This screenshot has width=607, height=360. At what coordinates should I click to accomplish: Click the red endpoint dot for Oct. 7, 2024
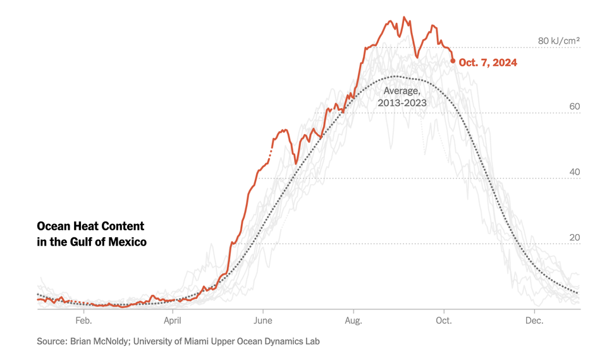453,61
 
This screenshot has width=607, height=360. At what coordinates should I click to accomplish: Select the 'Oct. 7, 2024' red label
488,62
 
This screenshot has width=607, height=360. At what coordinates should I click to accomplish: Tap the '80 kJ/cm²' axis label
559,41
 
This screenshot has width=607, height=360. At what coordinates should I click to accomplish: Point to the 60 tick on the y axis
574,107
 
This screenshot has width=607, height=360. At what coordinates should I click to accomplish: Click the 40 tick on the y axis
574,172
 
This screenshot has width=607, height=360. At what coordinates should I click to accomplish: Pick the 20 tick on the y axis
574,238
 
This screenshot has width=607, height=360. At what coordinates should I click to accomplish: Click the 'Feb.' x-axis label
83,321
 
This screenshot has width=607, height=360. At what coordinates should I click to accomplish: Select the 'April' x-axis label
173,321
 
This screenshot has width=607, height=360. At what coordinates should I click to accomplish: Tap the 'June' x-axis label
263,321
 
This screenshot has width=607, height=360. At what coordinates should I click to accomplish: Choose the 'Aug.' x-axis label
353,321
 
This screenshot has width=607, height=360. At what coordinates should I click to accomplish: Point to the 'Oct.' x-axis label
444,321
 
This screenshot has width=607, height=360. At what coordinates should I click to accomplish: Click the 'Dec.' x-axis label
534,321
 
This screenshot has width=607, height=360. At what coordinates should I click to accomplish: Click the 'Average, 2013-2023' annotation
402,97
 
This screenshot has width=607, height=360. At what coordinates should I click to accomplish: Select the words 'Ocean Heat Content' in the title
90,227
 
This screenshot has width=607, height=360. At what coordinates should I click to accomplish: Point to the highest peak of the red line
405,17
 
